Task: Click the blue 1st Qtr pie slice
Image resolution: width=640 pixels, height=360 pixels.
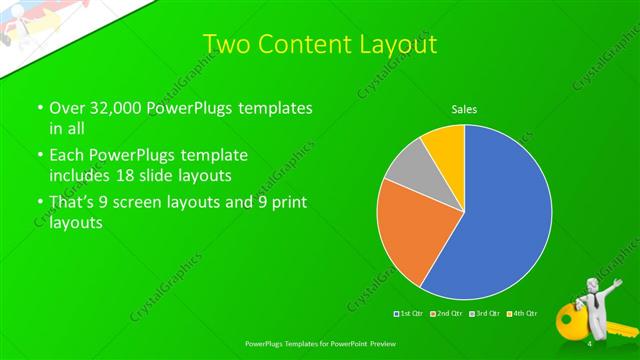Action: (x=500, y=220)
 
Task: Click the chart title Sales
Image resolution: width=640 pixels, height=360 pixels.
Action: (x=465, y=108)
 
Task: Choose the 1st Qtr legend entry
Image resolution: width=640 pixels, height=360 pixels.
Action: (x=410, y=315)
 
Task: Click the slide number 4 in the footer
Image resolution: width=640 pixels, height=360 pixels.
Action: (x=590, y=343)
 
